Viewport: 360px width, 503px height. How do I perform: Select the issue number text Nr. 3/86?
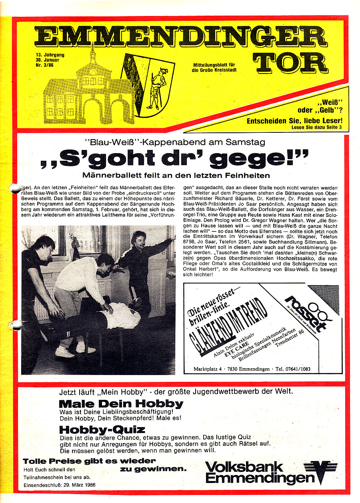pyautogui.click(x=44, y=66)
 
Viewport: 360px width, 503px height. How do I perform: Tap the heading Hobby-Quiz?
pyautogui.click(x=102, y=430)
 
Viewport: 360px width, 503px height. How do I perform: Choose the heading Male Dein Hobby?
pyautogui.click(x=121, y=403)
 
